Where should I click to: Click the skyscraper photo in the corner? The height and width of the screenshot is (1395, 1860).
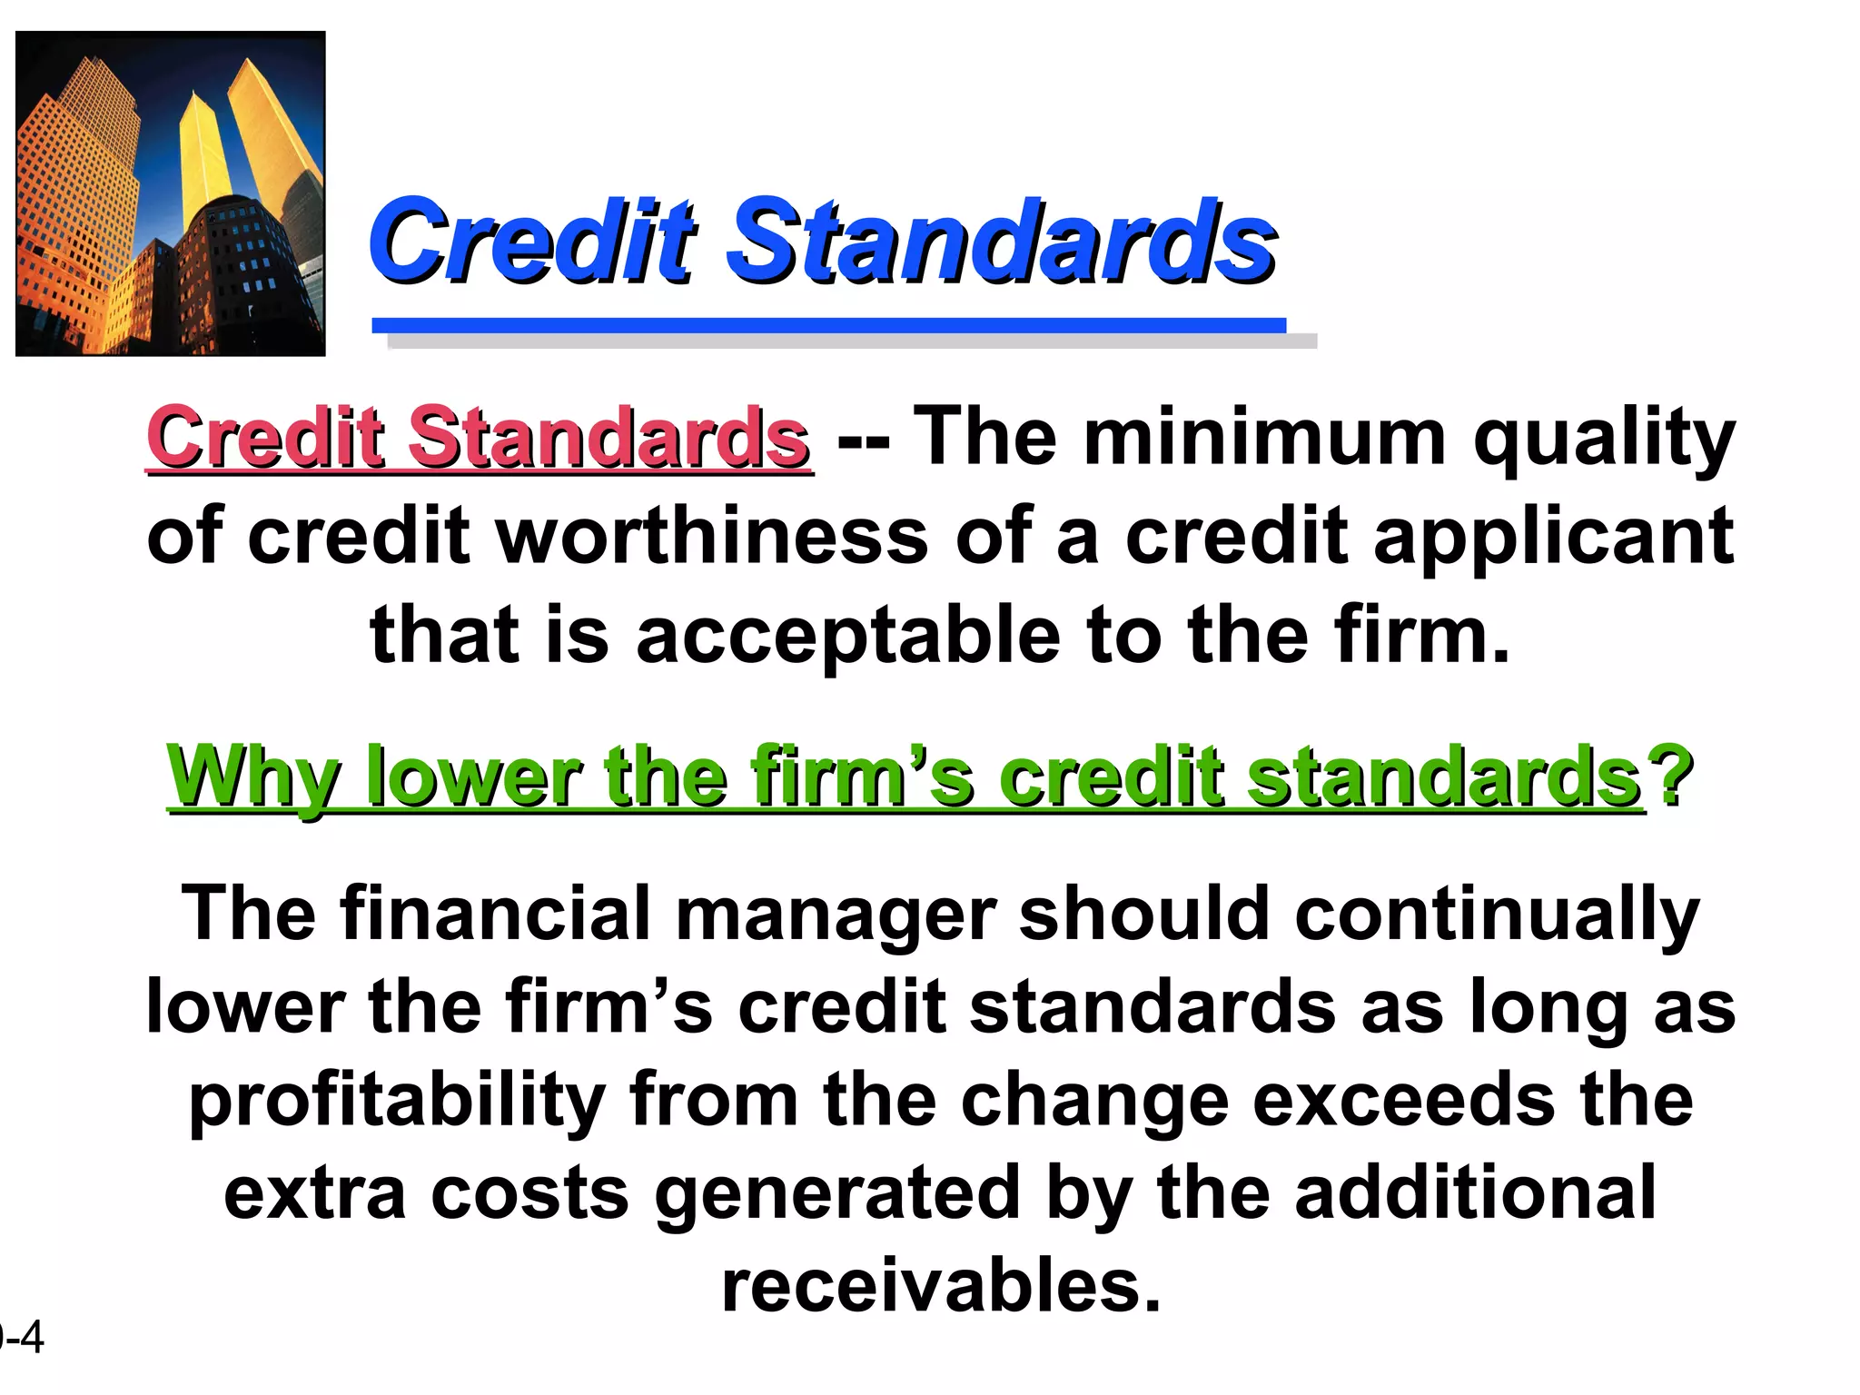pyautogui.click(x=171, y=193)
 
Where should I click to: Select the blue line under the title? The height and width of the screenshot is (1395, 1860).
pyautogui.click(x=828, y=325)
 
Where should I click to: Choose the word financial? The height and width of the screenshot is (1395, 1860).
pyautogui.click(x=496, y=914)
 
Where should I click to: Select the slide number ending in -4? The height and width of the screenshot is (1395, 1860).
pyautogui.click(x=22, y=1338)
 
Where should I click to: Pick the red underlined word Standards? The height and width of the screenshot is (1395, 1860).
pyautogui.click(x=608, y=438)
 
